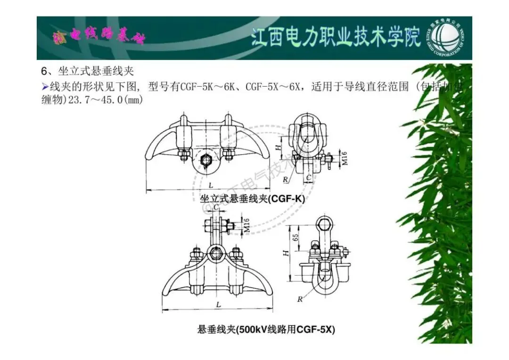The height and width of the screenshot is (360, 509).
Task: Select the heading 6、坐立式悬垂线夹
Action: coord(88,71)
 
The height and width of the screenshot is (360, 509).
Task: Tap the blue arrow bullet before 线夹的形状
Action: coord(45,86)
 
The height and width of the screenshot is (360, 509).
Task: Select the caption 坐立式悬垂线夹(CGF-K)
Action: coord(253,199)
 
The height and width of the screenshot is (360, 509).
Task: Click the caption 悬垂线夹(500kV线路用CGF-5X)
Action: coord(266,329)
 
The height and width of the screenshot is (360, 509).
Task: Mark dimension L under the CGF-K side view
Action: coord(210,183)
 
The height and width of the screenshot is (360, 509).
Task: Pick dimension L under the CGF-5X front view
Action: coord(219,305)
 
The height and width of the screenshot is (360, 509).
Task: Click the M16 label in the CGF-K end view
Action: coord(345,159)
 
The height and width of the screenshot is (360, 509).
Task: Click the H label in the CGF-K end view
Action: coord(279,147)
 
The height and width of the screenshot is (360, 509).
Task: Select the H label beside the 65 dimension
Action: coord(285,253)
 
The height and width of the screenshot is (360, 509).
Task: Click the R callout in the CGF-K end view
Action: coord(286,180)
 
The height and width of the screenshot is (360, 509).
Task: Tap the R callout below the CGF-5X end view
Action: coord(299,299)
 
